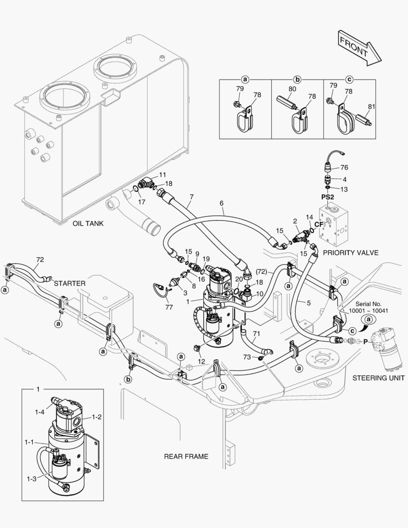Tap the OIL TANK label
point(88,223)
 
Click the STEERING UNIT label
point(378,378)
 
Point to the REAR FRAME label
point(186,457)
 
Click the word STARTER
point(70,283)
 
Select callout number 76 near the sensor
point(344,168)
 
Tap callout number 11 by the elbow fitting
point(162,175)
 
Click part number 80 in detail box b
point(292,89)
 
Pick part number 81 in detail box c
point(372,106)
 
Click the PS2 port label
point(327,197)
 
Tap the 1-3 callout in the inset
point(32,479)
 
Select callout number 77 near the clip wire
point(170,307)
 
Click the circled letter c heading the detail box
point(349,79)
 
